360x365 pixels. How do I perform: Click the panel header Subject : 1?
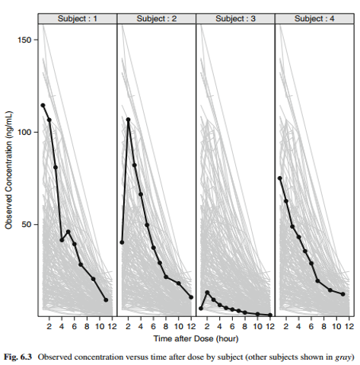77,16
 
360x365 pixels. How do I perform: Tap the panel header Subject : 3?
234,16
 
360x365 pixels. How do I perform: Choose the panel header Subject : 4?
313,16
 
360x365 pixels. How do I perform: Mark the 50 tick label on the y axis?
25,225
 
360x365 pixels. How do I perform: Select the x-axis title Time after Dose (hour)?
194,336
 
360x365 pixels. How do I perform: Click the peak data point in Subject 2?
129,120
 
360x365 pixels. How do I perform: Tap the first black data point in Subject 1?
43,105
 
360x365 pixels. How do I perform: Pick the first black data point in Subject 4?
280,178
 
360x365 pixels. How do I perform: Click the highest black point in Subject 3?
207,293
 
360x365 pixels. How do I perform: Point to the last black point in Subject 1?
106,300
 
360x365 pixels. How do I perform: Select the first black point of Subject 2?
122,242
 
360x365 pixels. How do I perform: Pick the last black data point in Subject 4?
343,294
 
